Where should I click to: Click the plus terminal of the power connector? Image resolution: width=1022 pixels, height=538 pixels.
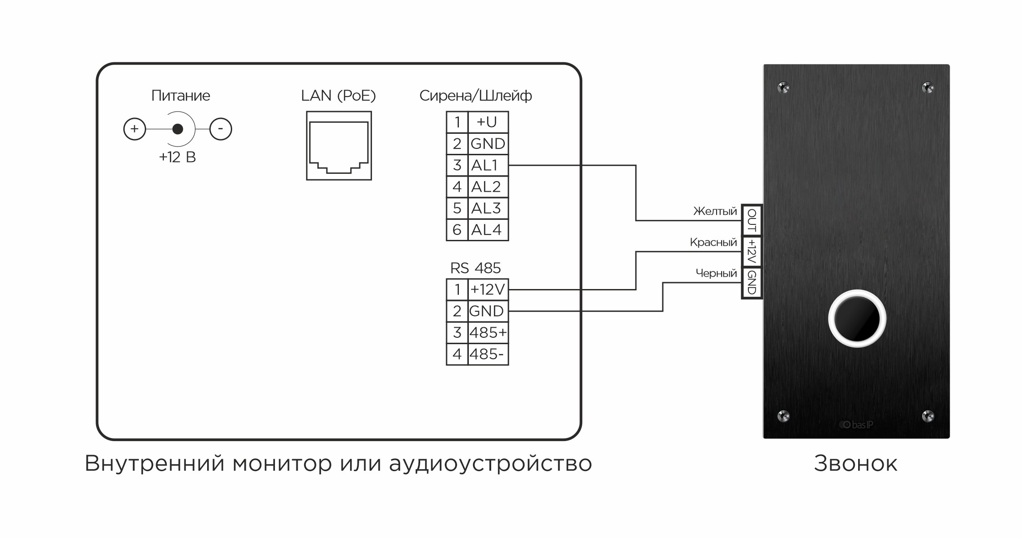click(134, 129)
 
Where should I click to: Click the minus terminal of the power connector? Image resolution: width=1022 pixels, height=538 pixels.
click(221, 129)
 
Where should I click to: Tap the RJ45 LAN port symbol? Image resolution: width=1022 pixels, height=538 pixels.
click(339, 146)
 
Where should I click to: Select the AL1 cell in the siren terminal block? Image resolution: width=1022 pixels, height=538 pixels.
click(488, 165)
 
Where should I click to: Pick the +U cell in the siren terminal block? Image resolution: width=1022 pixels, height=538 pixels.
click(488, 122)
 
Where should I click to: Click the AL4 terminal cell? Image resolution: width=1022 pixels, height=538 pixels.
click(488, 230)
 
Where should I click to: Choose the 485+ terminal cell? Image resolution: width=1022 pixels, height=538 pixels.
click(488, 333)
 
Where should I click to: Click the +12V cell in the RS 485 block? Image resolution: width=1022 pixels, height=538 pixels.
click(488, 289)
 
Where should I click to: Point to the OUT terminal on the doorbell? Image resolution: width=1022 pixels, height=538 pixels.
click(752, 220)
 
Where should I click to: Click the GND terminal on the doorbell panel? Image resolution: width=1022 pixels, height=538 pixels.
click(752, 283)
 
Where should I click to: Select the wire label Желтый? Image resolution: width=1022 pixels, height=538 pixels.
click(715, 211)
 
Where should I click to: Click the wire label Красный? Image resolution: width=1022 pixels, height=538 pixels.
click(713, 242)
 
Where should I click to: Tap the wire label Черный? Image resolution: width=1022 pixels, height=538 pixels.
click(716, 273)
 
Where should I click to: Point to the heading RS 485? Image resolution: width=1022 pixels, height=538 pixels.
click(475, 268)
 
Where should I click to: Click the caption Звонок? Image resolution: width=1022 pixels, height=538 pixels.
click(855, 464)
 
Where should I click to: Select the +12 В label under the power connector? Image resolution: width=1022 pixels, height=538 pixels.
click(177, 157)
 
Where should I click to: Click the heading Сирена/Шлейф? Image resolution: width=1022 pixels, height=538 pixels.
click(475, 96)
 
